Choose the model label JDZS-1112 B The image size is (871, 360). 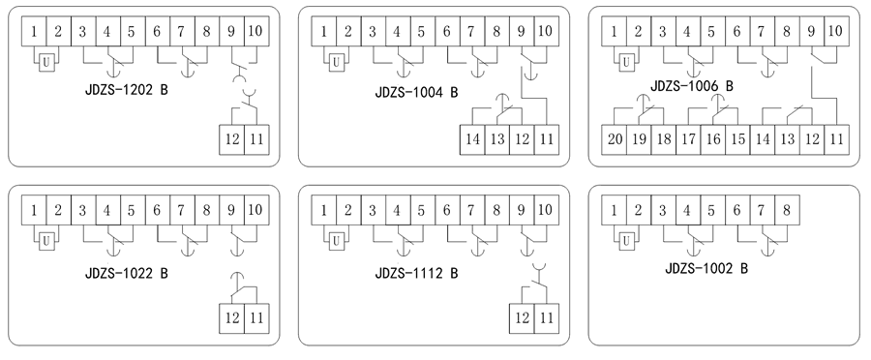[416, 273]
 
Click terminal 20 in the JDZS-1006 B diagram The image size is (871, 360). [614, 138]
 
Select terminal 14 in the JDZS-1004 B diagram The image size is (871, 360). [471, 138]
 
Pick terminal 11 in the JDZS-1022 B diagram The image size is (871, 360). [255, 316]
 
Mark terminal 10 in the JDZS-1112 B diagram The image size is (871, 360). [545, 209]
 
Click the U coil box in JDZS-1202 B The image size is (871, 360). [45, 63]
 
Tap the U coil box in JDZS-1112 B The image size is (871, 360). [335, 240]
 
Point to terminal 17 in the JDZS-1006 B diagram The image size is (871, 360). [687, 138]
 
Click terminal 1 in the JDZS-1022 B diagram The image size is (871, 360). [34, 209]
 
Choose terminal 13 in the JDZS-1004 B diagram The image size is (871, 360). [496, 138]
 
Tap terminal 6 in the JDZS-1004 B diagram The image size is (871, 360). [446, 31]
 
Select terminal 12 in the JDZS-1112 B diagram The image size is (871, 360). [521, 316]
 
